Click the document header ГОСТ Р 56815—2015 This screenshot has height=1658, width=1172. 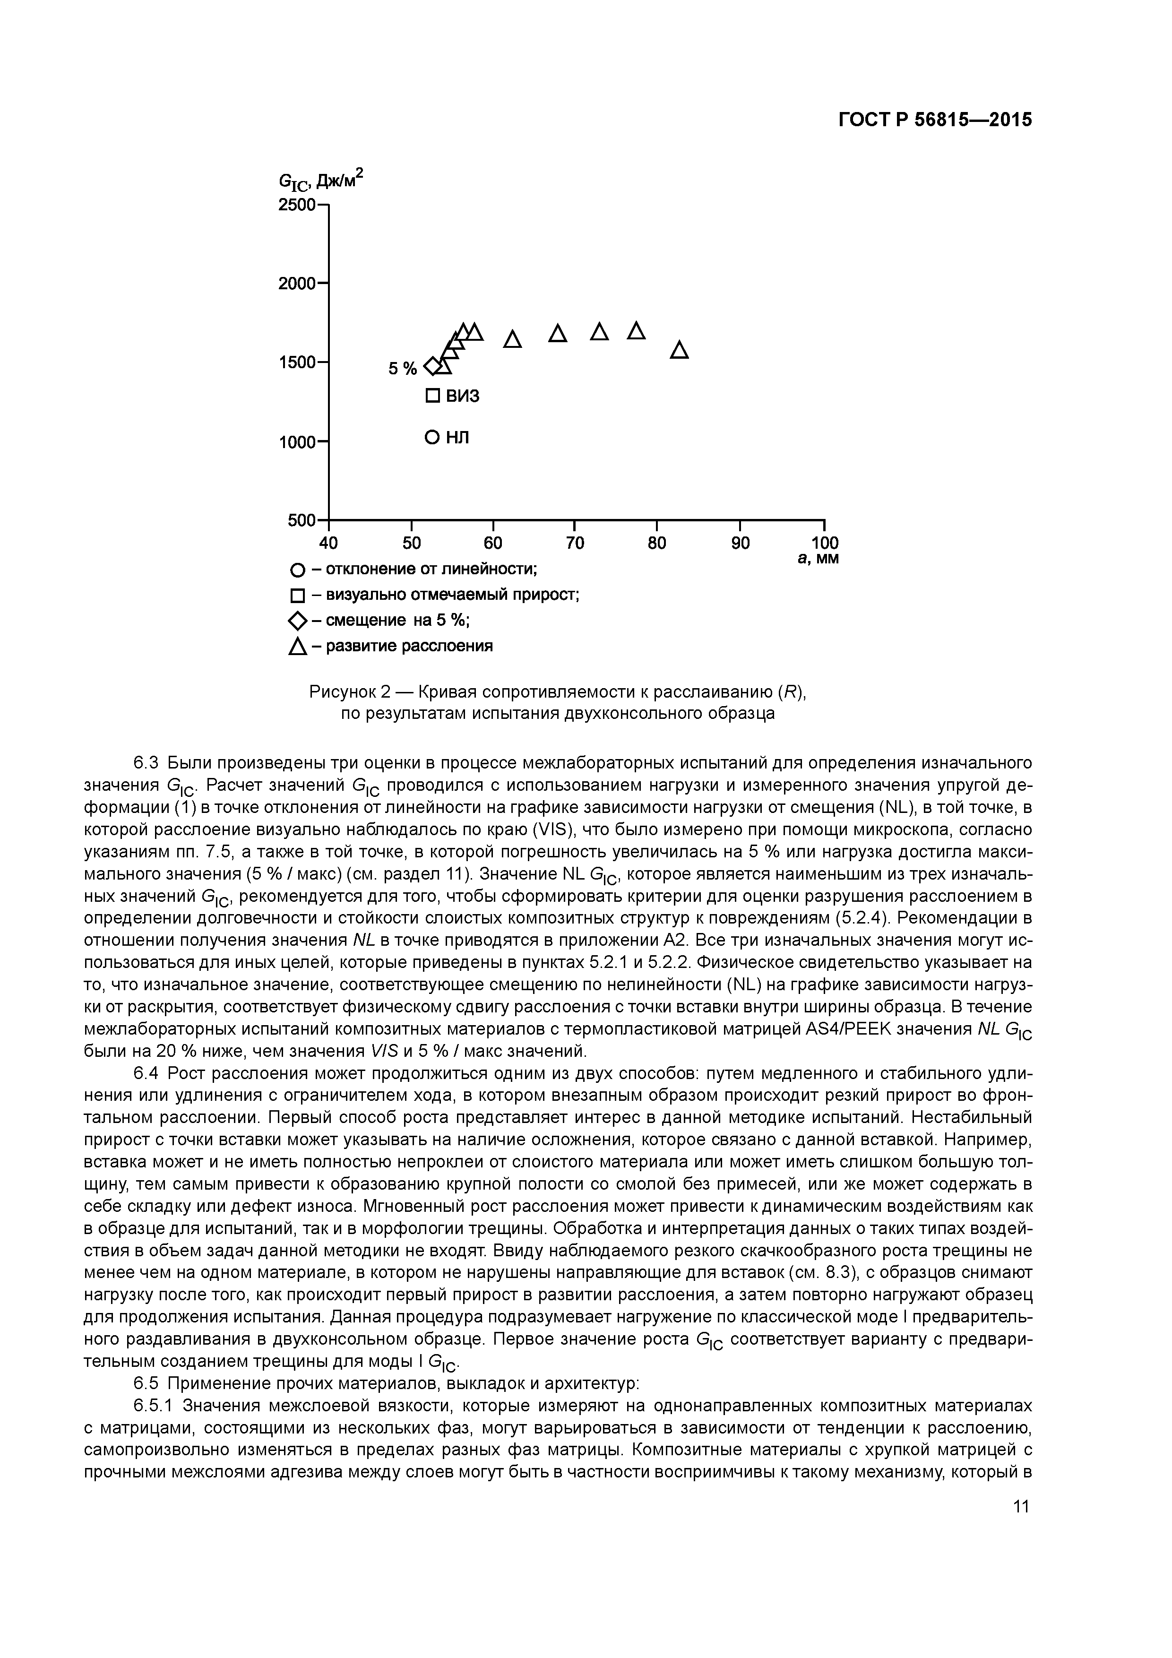click(935, 120)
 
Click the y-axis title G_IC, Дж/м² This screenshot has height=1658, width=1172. click(320, 181)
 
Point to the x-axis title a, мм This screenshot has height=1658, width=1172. click(818, 558)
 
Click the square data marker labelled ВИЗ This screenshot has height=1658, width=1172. click(432, 396)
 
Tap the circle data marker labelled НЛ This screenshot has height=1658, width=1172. click(432, 437)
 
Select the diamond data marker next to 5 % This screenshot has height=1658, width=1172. click(432, 367)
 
